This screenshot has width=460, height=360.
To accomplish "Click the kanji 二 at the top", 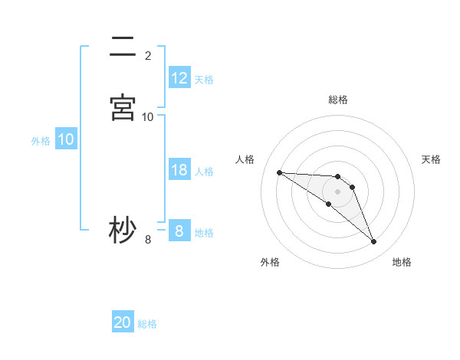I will [123, 47].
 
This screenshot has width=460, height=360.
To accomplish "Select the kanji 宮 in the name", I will [123, 107].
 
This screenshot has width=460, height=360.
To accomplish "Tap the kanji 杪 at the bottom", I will [123, 230].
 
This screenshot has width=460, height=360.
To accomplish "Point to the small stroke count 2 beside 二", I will [148, 55].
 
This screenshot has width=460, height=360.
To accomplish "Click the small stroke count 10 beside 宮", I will [148, 116].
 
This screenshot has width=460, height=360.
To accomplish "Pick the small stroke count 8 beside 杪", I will [148, 240].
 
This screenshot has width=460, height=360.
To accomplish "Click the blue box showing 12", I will [179, 78].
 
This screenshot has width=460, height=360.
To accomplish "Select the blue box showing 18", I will [179, 170].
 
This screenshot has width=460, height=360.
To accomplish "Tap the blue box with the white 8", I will [179, 231].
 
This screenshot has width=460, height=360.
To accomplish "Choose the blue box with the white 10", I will [66, 139].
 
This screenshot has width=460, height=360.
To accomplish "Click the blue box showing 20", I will [123, 323].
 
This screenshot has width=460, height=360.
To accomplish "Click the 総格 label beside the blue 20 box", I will [147, 324].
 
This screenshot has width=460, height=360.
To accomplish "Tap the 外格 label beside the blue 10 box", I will [41, 140].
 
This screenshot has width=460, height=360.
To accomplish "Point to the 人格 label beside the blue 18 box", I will [204, 171].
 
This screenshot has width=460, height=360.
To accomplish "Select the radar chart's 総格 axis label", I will [338, 100].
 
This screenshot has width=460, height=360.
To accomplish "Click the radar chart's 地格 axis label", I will [402, 262].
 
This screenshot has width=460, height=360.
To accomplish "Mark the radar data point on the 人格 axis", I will [279, 172].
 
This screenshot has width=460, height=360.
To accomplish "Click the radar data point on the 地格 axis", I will [373, 242].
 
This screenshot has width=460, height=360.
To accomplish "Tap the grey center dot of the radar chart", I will [338, 191].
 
